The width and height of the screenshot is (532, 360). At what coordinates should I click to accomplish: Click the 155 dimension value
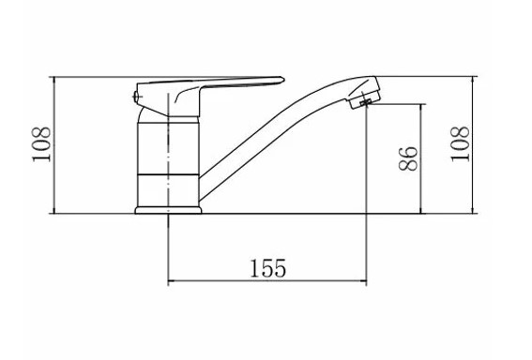(x=268, y=268)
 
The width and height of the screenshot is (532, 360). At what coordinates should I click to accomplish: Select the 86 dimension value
(x=408, y=158)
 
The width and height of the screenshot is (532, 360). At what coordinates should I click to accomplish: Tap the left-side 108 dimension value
(x=41, y=144)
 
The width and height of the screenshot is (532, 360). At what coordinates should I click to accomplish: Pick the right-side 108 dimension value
(x=460, y=144)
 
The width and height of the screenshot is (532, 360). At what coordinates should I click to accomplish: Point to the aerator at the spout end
(x=364, y=99)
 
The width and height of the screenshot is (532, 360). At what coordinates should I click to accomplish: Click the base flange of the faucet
(x=168, y=210)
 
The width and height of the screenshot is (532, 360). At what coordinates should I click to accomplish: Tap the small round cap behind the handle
(x=137, y=97)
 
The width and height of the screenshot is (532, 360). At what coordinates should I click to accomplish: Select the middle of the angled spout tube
(x=271, y=132)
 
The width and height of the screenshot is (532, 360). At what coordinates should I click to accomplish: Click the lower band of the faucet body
(x=168, y=190)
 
